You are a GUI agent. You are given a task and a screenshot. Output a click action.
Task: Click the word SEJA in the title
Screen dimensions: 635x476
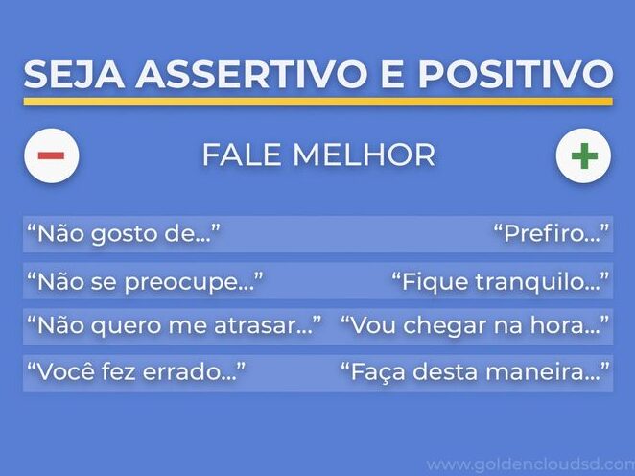[74, 74]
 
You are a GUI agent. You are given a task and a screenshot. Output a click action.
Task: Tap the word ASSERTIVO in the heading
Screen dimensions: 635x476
[251, 74]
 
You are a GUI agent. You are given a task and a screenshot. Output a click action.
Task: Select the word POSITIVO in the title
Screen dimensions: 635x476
[515, 74]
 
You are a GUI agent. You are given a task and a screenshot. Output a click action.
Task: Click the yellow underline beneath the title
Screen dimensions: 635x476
[317, 102]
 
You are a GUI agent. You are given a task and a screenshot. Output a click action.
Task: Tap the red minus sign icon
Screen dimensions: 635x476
[52, 155]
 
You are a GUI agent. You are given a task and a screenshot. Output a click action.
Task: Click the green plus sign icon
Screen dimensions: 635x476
[584, 155]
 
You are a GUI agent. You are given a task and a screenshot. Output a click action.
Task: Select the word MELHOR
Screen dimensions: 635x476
[364, 155]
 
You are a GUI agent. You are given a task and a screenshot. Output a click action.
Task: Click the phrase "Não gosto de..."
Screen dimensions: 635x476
[124, 234]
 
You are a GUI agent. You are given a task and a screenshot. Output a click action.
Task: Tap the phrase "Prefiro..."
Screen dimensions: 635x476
[552, 234]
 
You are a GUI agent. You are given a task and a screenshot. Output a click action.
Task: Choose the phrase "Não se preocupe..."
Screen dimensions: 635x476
[145, 281]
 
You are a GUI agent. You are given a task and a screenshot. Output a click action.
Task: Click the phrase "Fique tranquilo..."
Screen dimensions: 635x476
[500, 281]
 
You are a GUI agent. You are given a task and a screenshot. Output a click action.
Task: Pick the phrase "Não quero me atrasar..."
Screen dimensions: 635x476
[175, 325]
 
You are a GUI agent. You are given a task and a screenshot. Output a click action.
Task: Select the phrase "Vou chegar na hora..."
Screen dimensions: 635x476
[475, 325]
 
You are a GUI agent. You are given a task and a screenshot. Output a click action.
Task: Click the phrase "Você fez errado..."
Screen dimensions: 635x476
[136, 371]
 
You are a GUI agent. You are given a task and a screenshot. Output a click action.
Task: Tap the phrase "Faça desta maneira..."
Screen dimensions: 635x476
[475, 371]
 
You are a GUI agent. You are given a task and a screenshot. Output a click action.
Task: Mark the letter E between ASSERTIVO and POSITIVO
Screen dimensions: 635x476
[393, 74]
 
